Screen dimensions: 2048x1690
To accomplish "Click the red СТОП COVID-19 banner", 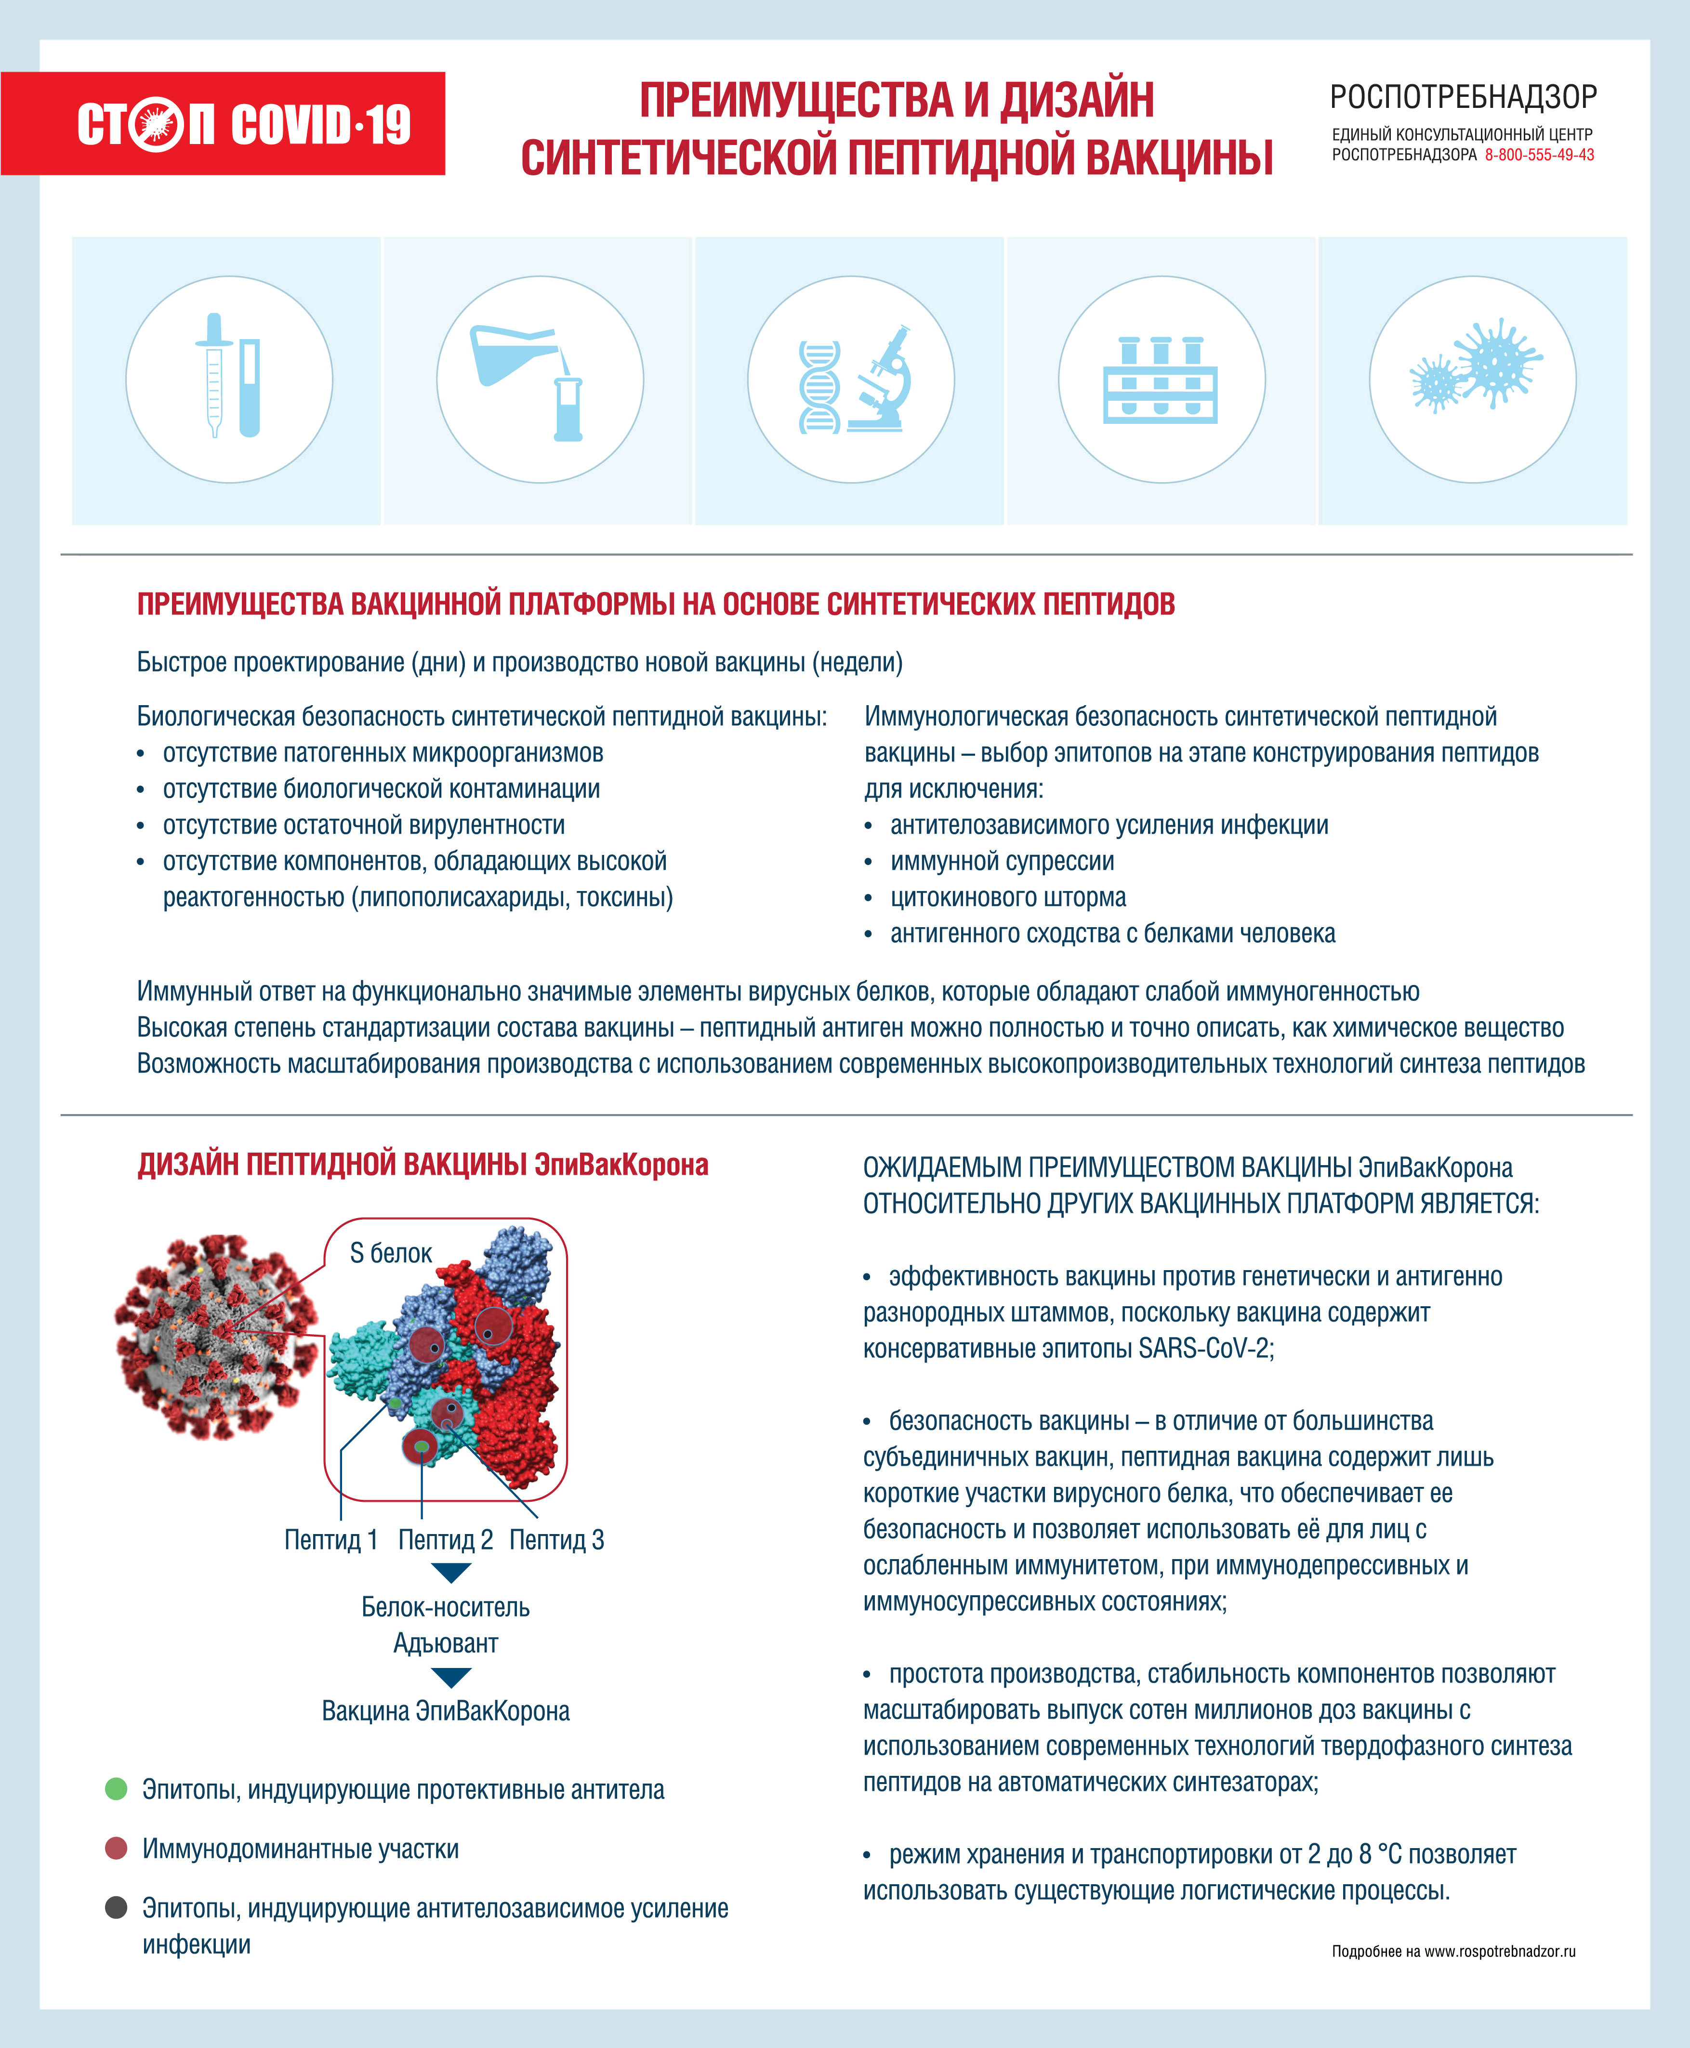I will pyautogui.click(x=223, y=124).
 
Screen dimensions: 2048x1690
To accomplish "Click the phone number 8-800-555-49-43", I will pyautogui.click(x=1539, y=155).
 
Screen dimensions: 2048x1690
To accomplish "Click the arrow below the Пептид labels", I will pyautogui.click(x=451, y=1572).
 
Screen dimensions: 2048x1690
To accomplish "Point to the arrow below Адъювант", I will pyautogui.click(x=451, y=1677).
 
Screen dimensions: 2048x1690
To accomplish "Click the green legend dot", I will pyautogui.click(x=116, y=1788).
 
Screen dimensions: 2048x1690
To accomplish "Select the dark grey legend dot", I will pyautogui.click(x=116, y=1907).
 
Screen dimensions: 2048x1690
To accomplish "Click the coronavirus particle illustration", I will pyautogui.click(x=216, y=1339).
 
